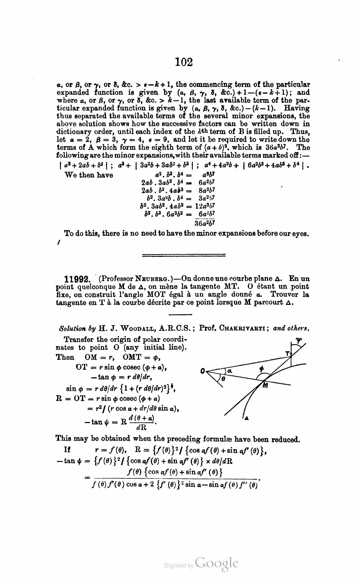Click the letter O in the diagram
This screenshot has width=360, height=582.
[x=203, y=370]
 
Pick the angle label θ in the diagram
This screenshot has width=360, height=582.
[x=223, y=379]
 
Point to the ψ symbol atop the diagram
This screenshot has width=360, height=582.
[x=298, y=339]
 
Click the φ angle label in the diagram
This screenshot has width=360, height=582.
[x=262, y=369]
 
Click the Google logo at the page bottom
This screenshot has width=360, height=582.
[x=216, y=563]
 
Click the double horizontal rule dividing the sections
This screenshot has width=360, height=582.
[x=184, y=255]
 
